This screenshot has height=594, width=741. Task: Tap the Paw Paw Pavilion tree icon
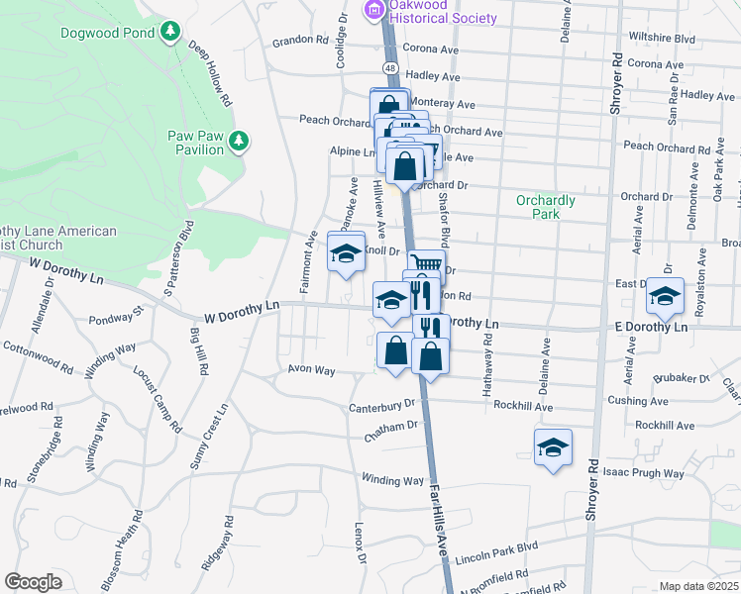click(239, 143)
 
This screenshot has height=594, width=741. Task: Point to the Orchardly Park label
click(545, 206)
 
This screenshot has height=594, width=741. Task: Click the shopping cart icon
click(426, 264)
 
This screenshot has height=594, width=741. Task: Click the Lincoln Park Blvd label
click(497, 546)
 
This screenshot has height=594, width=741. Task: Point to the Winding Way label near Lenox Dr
click(392, 481)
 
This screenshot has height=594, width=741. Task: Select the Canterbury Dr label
click(381, 406)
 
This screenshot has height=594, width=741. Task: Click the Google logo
click(33, 581)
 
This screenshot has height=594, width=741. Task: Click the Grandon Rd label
click(300, 41)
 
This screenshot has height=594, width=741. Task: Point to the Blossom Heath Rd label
click(134, 540)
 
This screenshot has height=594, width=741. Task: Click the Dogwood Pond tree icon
click(170, 32)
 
